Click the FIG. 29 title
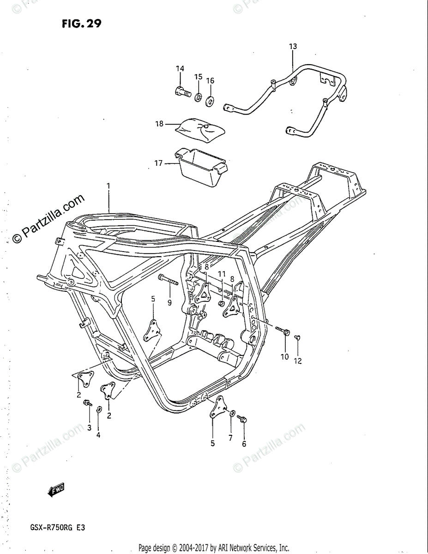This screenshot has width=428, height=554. point(81,24)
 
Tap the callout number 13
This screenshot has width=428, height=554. point(293,46)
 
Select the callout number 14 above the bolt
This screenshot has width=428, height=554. point(180,68)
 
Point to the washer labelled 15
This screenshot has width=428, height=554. point(198,96)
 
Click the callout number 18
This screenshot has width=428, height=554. point(159,124)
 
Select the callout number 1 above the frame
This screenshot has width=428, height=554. point(109,186)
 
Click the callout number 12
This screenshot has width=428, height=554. point(298,361)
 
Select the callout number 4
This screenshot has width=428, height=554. point(98,434)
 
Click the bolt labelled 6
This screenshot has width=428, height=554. point(241,418)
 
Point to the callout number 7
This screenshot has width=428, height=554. point(230,438)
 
